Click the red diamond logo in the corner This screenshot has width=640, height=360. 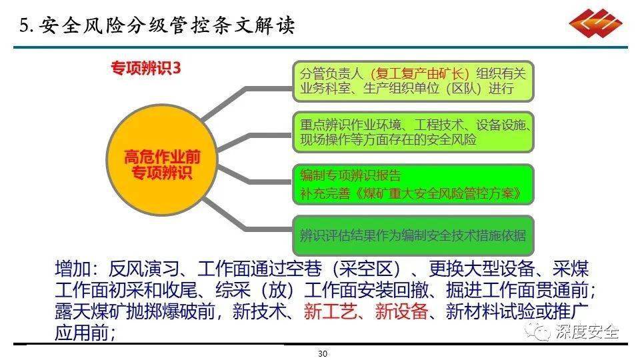click(x=595, y=23)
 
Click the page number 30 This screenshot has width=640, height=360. click(x=323, y=353)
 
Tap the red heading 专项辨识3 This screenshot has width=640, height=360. click(x=146, y=68)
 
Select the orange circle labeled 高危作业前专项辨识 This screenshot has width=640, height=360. click(x=162, y=159)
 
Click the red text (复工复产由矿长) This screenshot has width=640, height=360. click(x=419, y=74)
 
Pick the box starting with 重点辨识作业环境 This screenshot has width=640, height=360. click(x=413, y=132)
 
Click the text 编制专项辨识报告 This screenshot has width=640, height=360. click(x=351, y=175)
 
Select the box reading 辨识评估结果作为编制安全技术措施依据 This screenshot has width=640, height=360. click(x=413, y=235)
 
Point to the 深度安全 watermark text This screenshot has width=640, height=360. click(x=587, y=331)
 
